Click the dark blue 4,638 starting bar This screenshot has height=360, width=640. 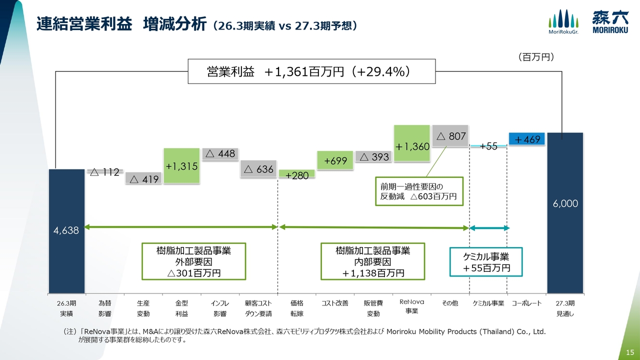tap(66, 231)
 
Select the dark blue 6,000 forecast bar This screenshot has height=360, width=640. tap(565, 213)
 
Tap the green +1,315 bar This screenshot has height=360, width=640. tap(181, 165)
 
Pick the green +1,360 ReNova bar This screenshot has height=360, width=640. tap(411, 143)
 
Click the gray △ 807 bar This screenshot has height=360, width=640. tap(450, 135)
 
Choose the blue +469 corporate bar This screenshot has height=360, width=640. tap(527, 139)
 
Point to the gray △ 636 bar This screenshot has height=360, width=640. tap(258, 169)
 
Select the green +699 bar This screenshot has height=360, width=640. tap(335, 160)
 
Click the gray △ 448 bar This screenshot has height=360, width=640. tap(220, 154)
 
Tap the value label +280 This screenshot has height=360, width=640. tap(297, 175)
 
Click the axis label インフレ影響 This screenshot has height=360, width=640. tap(220, 308)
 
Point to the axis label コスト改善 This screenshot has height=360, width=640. tap(335, 303)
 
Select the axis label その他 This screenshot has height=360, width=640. tap(450, 303)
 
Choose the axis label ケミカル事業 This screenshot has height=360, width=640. tap(488, 303)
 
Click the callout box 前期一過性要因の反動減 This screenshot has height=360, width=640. tap(419, 191)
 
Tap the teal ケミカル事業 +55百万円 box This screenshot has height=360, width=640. tap(486, 262)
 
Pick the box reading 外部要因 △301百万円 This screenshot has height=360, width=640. tap(193, 261)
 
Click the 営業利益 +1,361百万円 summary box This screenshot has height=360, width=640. tap(311, 71)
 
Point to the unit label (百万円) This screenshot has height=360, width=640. tap(536, 57)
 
